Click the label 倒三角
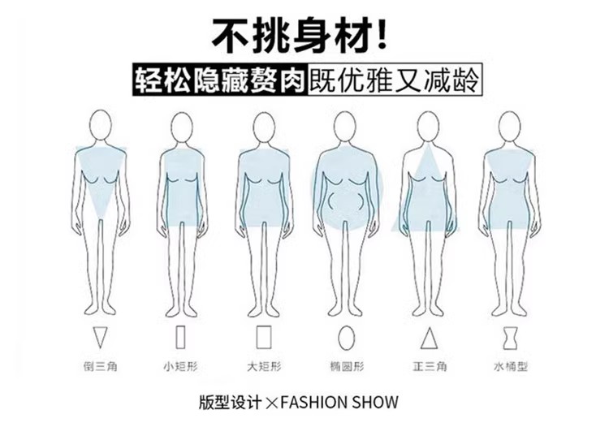[101, 366]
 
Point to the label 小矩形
[180, 366]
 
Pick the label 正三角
[429, 366]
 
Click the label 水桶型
[510, 366]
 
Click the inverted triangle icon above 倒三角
[101, 336]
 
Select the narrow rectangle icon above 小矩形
[180, 336]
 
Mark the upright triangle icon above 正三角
[429, 336]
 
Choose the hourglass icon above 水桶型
[510, 336]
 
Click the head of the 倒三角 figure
[101, 127]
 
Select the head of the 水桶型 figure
[509, 127]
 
